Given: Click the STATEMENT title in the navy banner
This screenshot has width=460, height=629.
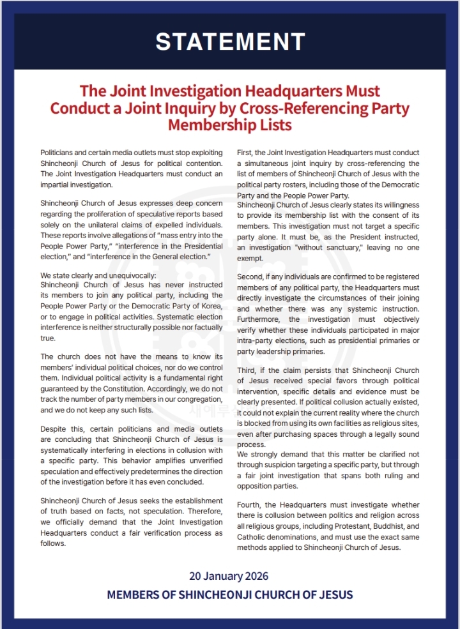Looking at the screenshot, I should (230, 42).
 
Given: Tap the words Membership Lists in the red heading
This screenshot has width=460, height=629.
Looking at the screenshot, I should (230, 125).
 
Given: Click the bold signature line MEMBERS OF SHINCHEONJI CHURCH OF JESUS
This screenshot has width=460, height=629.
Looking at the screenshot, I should (230, 595).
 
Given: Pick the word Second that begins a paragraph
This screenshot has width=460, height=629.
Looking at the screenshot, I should (251, 277).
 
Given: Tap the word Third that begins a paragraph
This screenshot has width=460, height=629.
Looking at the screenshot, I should (248, 369).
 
